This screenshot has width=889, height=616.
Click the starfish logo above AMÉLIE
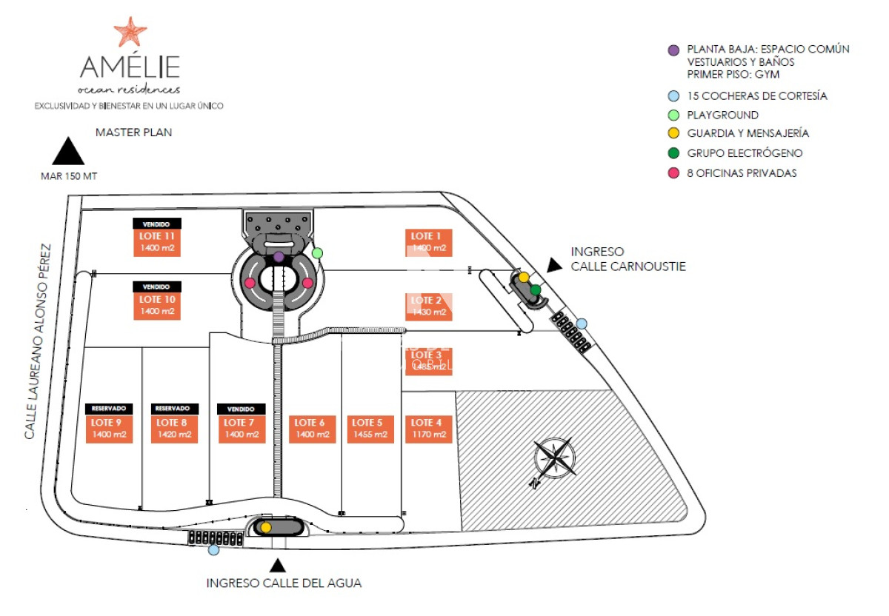(x=130, y=32)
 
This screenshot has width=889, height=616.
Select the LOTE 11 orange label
(x=157, y=242)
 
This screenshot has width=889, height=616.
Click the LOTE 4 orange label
(x=428, y=429)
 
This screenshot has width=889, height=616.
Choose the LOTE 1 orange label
(x=429, y=242)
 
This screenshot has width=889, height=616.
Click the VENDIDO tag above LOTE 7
(x=241, y=409)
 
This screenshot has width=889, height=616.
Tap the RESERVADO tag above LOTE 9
(x=110, y=408)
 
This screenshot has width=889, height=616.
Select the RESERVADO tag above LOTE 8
(x=176, y=408)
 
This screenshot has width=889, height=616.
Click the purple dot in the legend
(x=673, y=50)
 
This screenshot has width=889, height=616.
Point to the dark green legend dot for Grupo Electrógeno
(x=673, y=153)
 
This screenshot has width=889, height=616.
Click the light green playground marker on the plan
(x=317, y=253)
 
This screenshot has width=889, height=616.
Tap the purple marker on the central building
(x=279, y=256)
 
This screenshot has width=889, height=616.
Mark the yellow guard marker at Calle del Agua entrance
(x=266, y=527)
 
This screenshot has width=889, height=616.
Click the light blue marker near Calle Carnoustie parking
(x=582, y=324)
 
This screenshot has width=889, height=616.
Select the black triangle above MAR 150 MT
(x=69, y=152)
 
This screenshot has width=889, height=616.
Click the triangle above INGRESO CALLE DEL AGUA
(x=278, y=566)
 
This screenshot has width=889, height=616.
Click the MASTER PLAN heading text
(x=133, y=133)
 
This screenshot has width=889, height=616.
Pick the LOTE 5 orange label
(x=370, y=429)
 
